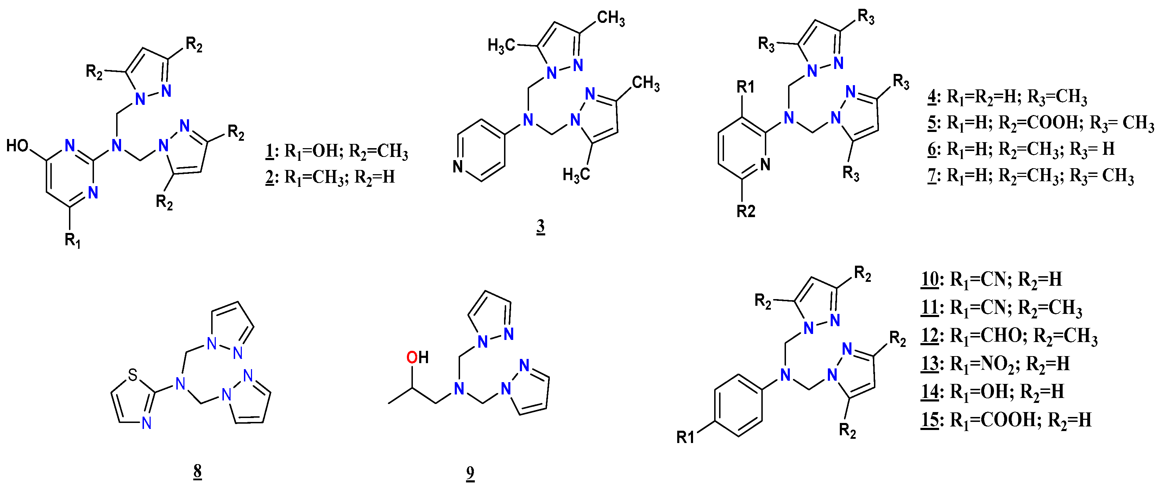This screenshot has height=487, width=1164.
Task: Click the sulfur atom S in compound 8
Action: coord(132,374)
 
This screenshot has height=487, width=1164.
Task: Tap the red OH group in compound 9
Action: coord(417,358)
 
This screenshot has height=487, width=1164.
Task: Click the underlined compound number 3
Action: coord(540,226)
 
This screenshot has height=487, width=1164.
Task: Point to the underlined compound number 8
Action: coord(197,471)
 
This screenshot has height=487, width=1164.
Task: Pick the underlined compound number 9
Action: coord(470,473)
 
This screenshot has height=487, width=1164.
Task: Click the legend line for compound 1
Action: coord(336,151)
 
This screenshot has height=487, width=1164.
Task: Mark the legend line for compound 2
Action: coord(330,177)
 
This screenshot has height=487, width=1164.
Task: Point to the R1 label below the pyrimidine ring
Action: coord(72,240)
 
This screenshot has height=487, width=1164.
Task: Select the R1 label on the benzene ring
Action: coord(685,437)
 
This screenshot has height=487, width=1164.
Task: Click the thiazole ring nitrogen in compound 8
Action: coord(146,423)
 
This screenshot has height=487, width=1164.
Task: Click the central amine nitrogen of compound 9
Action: coord(459,388)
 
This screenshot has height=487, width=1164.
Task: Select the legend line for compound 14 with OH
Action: coord(992,392)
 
